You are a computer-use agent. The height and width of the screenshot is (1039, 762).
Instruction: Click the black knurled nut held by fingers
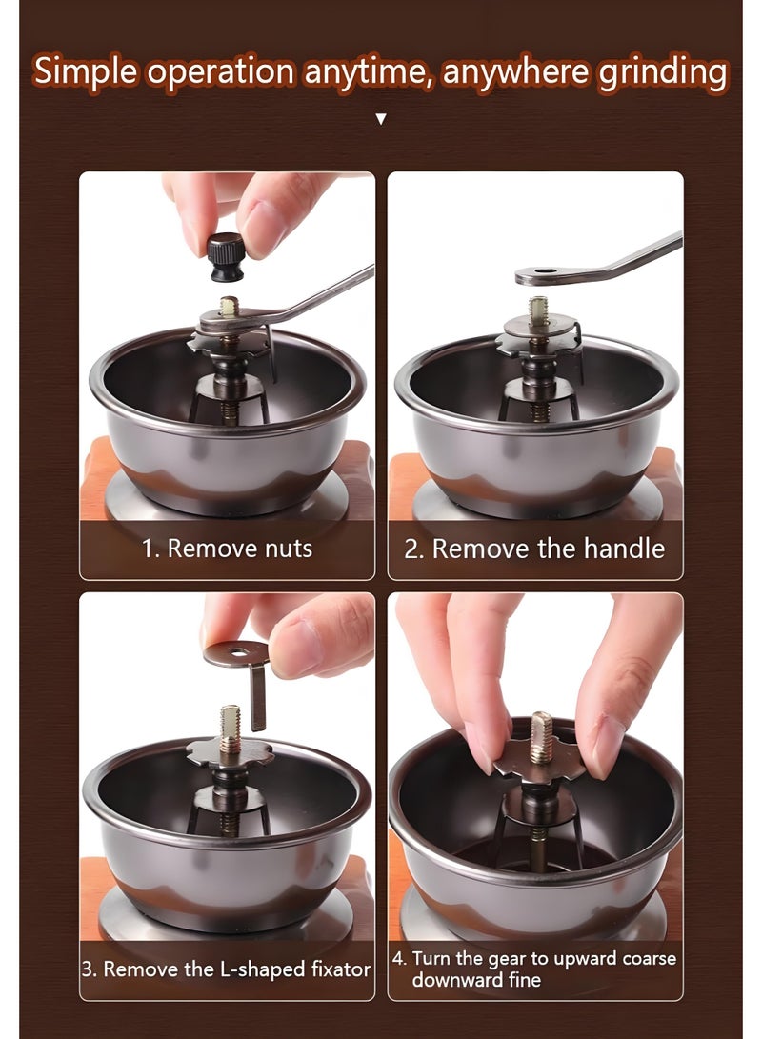226,257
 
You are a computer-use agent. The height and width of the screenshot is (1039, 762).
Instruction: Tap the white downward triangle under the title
380,119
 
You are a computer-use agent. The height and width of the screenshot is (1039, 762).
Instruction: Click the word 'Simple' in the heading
86,71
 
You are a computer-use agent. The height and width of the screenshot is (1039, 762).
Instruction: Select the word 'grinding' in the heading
663,73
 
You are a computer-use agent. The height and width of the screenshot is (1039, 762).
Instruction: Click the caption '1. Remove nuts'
227,549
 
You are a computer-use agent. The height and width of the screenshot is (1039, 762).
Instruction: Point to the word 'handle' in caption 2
624,549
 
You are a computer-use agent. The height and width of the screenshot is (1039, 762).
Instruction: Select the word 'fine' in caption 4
524,980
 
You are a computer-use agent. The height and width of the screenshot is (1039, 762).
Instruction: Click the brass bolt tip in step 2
538,310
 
